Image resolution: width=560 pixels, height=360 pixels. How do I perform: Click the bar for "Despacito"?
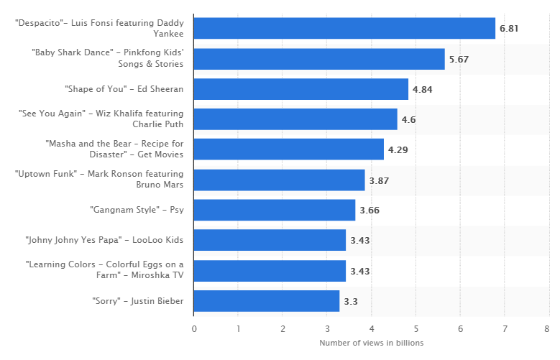pos(344,29)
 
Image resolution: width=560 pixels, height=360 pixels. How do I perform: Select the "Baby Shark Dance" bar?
pos(319,59)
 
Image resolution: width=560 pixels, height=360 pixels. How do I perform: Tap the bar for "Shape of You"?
pos(301,89)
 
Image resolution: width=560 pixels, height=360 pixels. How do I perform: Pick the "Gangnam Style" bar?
pos(275,211)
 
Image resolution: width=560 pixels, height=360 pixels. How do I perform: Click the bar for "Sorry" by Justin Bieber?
pos(267,301)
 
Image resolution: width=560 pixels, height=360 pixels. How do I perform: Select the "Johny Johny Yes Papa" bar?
pos(270,241)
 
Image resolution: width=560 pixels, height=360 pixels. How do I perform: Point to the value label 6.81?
pos(509,29)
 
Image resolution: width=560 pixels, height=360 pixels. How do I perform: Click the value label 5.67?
pos(459,59)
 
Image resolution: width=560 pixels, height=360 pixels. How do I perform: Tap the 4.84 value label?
pos(422,89)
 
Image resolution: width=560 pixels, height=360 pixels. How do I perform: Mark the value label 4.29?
pos(398,149)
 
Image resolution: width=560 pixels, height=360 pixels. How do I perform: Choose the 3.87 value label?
pos(379,180)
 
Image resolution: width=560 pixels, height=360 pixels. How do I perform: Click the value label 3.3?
pos(351,301)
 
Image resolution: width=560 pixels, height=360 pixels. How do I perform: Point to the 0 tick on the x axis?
pos(194,329)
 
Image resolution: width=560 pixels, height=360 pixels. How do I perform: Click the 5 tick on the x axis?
pos(416,329)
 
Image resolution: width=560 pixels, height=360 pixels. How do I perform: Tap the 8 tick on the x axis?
pos(549,329)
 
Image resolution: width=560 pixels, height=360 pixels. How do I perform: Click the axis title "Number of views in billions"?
pos(371,343)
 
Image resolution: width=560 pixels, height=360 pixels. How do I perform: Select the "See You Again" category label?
pos(101,119)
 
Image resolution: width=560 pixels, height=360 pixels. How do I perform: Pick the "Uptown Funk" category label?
pos(99,180)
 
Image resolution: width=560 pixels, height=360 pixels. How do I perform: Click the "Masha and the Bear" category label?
pos(114,149)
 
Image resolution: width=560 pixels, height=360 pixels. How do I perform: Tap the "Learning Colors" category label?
pos(105,271)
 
